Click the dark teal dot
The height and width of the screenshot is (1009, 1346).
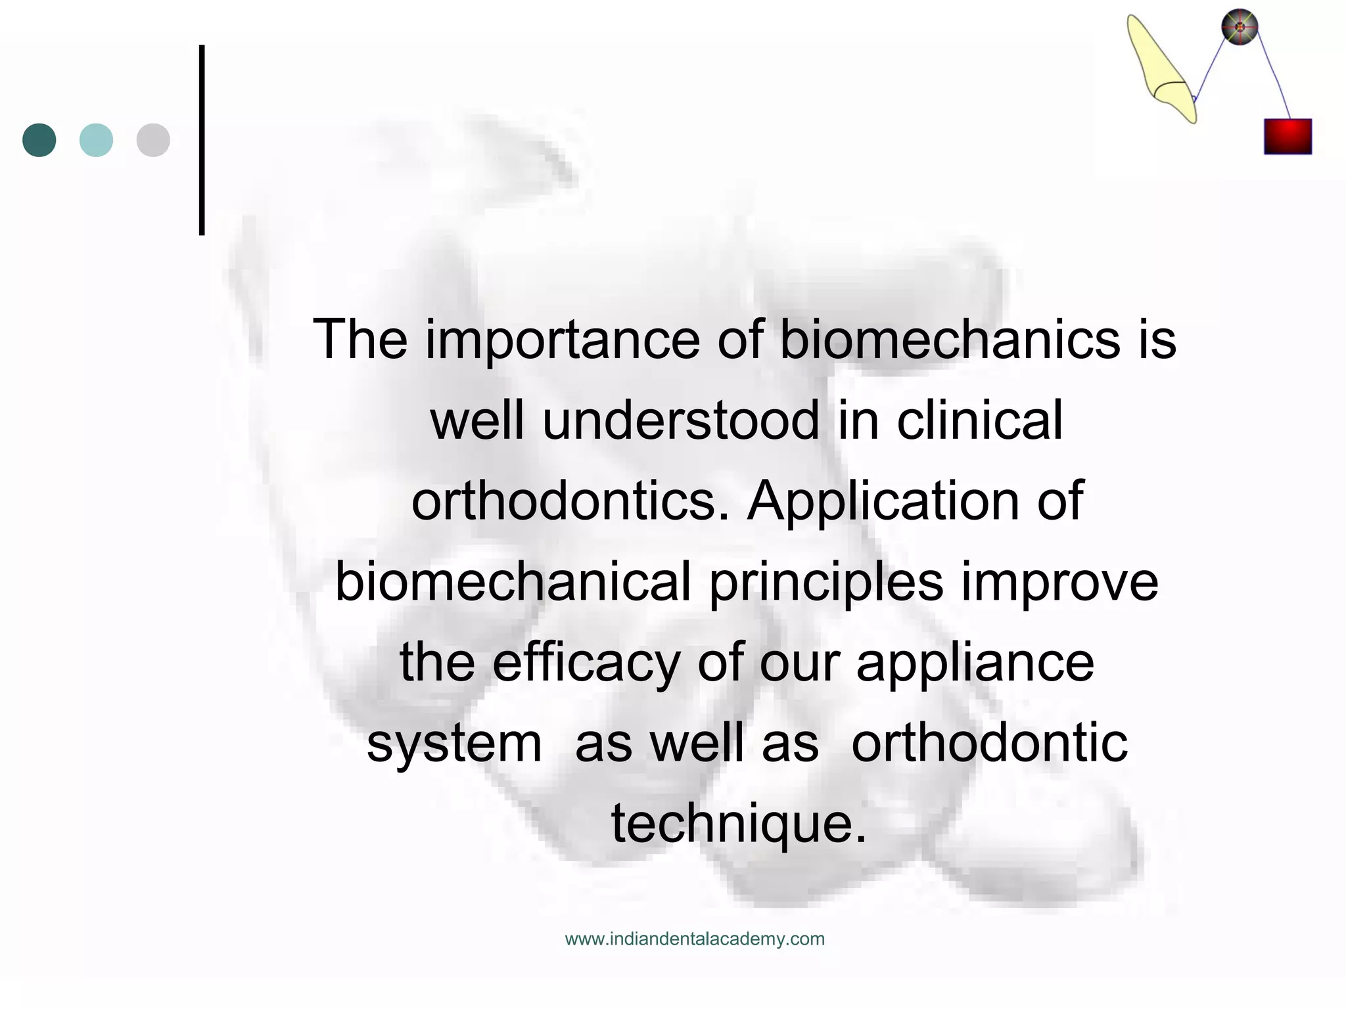39,140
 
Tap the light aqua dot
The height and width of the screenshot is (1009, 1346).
96,140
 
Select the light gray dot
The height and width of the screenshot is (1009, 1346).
153,140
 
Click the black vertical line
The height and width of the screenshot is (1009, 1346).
202,140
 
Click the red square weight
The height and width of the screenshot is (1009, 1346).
1288,137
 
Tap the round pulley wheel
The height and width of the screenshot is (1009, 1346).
1240,27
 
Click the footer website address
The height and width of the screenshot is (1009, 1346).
695,939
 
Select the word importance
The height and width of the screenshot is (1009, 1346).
563,340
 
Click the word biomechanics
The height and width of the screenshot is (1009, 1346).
949,340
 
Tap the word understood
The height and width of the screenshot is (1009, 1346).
681,421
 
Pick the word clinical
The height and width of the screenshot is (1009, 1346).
979,421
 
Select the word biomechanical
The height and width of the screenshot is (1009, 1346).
513,582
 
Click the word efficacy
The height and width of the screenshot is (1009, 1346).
586,663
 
